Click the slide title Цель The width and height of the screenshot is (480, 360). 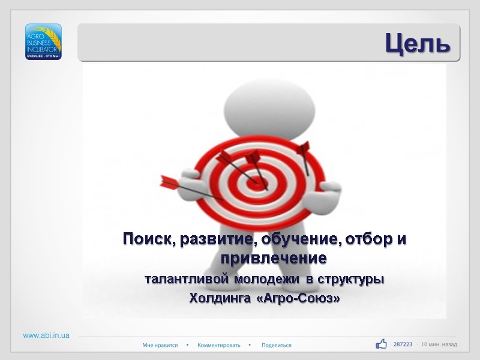click(x=417, y=43)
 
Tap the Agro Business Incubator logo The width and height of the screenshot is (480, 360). click(x=43, y=41)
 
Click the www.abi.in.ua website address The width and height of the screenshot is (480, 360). click(x=46, y=335)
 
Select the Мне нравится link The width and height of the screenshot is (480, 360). click(x=160, y=345)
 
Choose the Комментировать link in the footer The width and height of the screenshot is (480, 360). click(x=219, y=345)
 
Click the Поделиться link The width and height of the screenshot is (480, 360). click(x=277, y=345)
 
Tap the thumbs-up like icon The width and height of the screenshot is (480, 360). click(x=381, y=344)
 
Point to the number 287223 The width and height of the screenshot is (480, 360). click(x=403, y=344)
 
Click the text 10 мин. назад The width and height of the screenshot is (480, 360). click(x=439, y=344)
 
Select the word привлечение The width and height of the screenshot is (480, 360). click(x=274, y=259)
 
